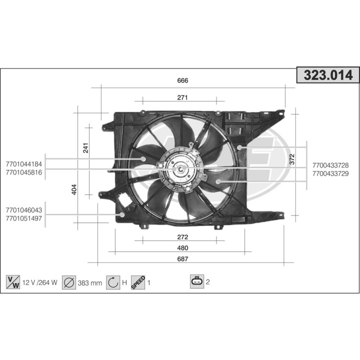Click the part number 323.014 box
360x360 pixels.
(x=328, y=75)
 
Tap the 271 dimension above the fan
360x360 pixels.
(x=182, y=97)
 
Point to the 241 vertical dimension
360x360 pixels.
(x=85, y=148)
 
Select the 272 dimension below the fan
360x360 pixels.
(x=182, y=237)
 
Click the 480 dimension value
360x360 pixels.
(x=182, y=248)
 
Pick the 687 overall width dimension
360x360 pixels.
(x=182, y=259)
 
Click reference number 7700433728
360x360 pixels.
(x=330, y=165)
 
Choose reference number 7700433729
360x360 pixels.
(x=330, y=173)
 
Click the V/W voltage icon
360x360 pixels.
(x=12, y=282)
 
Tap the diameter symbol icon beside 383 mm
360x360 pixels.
(x=69, y=282)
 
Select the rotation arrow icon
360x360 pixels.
(x=113, y=282)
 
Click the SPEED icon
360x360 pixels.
(x=138, y=282)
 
